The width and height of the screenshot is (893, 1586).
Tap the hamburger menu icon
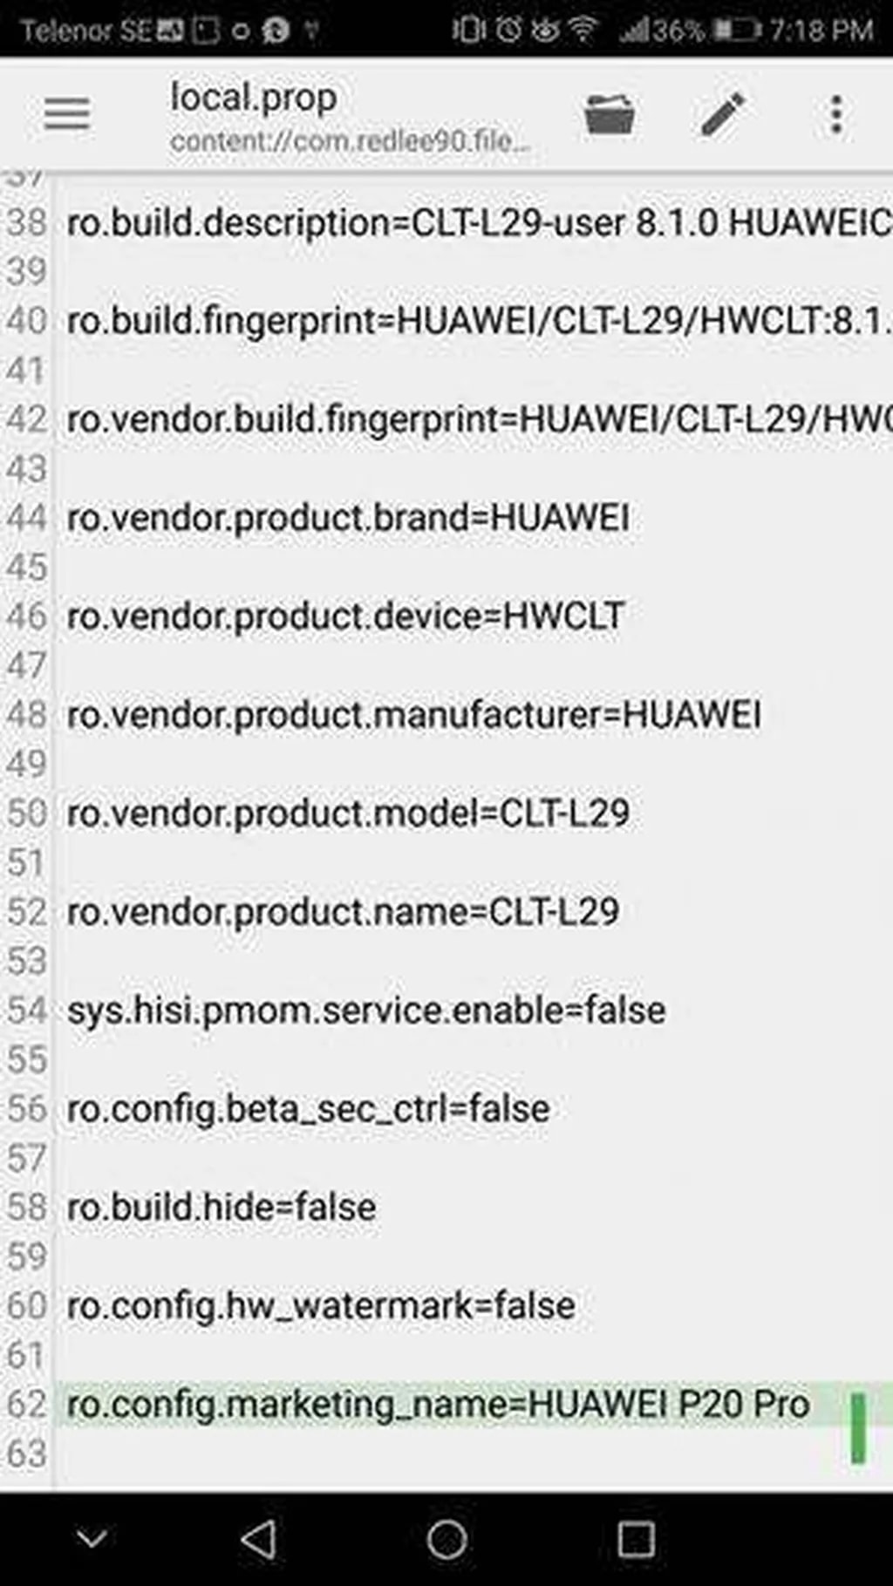66,114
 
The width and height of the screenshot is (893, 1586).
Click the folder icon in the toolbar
609,114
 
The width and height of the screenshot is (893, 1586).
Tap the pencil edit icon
723,114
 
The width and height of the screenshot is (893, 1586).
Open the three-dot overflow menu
836,114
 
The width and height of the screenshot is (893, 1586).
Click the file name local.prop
253,98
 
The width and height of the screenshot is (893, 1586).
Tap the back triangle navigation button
259,1539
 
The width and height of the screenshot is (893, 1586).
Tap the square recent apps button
636,1539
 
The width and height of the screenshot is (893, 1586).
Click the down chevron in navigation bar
92,1537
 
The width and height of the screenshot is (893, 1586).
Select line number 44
26,519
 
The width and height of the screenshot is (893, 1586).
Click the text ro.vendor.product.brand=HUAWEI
348,519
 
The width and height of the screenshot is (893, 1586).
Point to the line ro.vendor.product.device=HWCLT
345,617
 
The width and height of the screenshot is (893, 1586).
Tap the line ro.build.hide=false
222,1208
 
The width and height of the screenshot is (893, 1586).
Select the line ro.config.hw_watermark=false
321,1306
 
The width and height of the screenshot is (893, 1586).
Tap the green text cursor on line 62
858,1427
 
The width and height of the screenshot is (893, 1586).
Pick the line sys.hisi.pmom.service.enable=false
366,1011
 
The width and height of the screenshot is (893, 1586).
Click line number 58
26,1208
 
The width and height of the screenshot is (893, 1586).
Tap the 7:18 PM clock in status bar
821,31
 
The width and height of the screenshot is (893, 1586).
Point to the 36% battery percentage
678,31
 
